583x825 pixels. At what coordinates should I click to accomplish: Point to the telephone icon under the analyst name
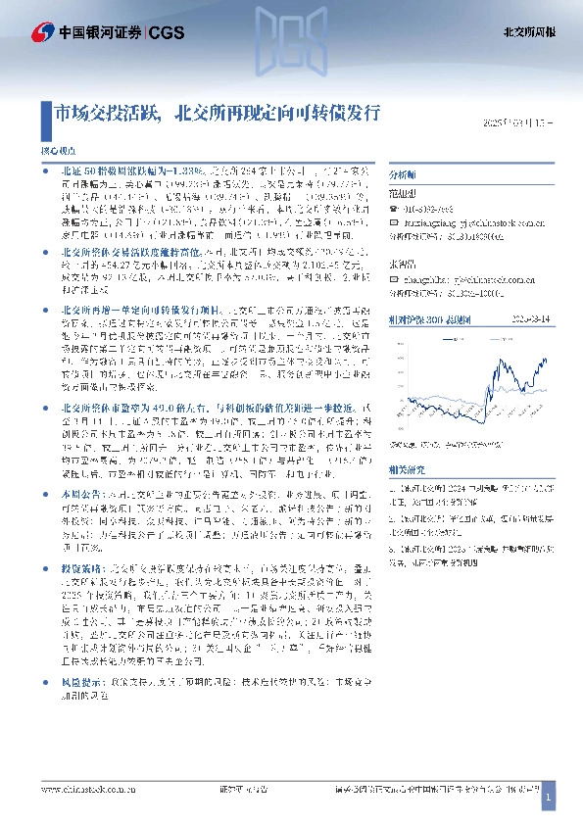coord(394,209)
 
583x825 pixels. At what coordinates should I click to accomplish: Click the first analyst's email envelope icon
coord(394,221)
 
